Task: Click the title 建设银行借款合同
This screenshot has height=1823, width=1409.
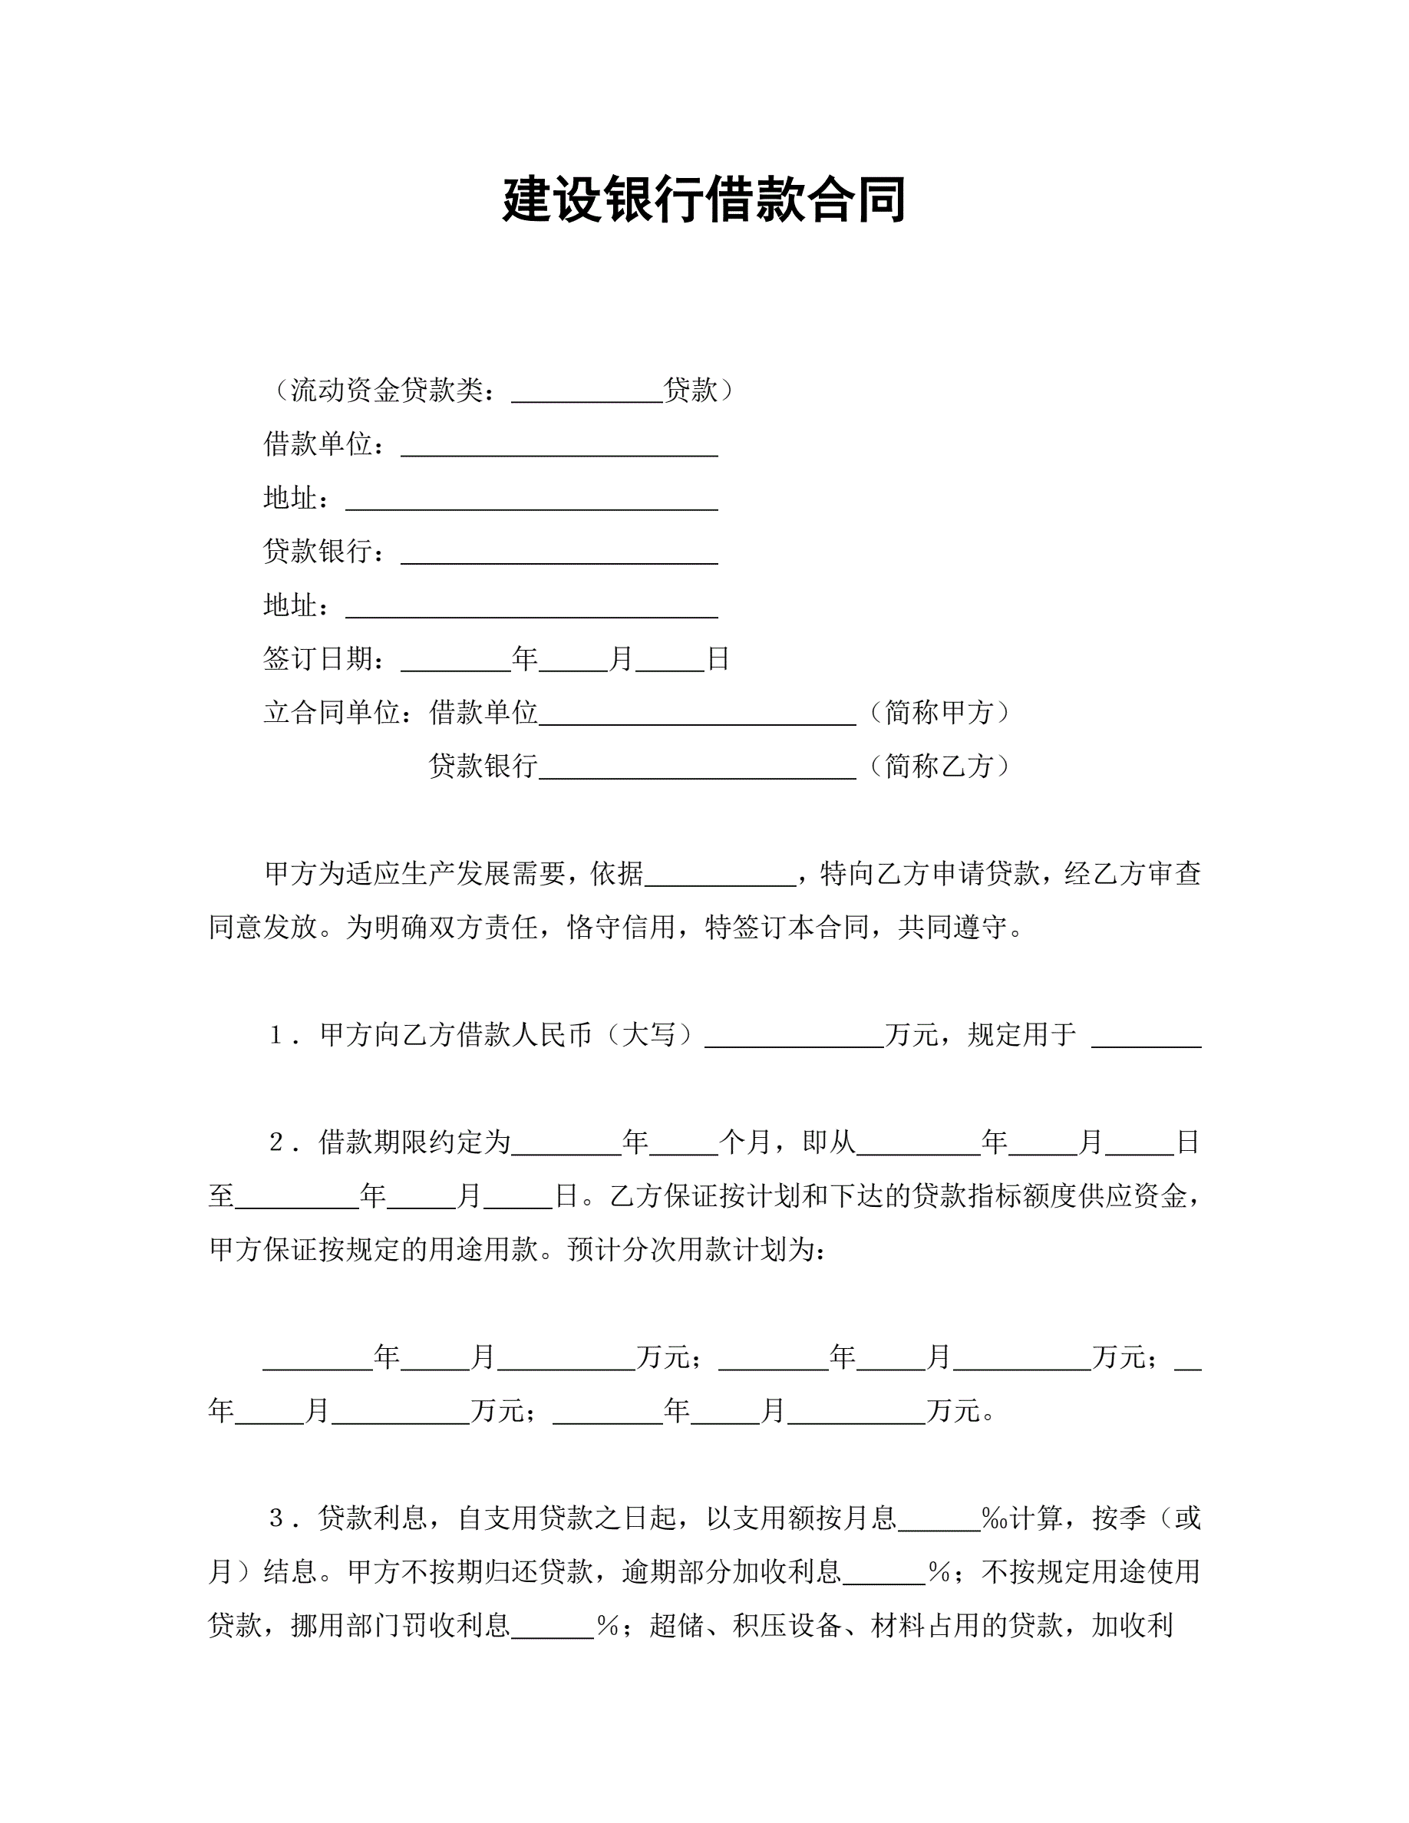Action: [x=704, y=200]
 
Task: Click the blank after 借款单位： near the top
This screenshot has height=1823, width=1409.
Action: [x=559, y=446]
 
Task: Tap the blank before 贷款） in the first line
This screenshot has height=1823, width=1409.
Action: [x=587, y=391]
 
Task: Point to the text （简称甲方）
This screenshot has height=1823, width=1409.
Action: [x=939, y=713]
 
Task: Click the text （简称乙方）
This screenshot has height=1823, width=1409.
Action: [x=939, y=766]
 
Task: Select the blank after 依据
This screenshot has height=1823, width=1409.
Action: [x=721, y=875]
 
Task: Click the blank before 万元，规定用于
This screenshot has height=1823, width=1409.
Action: [x=794, y=1036]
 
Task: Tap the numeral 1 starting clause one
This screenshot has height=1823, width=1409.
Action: [x=276, y=1036]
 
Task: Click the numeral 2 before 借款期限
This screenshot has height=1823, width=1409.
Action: [x=276, y=1142]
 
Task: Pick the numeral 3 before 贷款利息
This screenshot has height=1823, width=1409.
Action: [x=276, y=1518]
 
